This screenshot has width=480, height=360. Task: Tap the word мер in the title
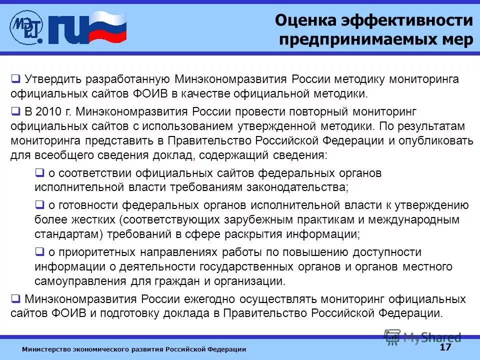pyautogui.click(x=456, y=39)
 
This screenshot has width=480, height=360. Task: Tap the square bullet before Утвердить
pyautogui.click(x=15, y=79)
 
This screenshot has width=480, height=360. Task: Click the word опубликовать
pyautogui.click(x=434, y=140)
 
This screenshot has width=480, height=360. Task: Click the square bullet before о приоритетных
pyautogui.click(x=39, y=251)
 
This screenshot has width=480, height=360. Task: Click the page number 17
pyautogui.click(x=445, y=347)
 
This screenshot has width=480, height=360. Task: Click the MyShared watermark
pyautogui.click(x=423, y=337)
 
